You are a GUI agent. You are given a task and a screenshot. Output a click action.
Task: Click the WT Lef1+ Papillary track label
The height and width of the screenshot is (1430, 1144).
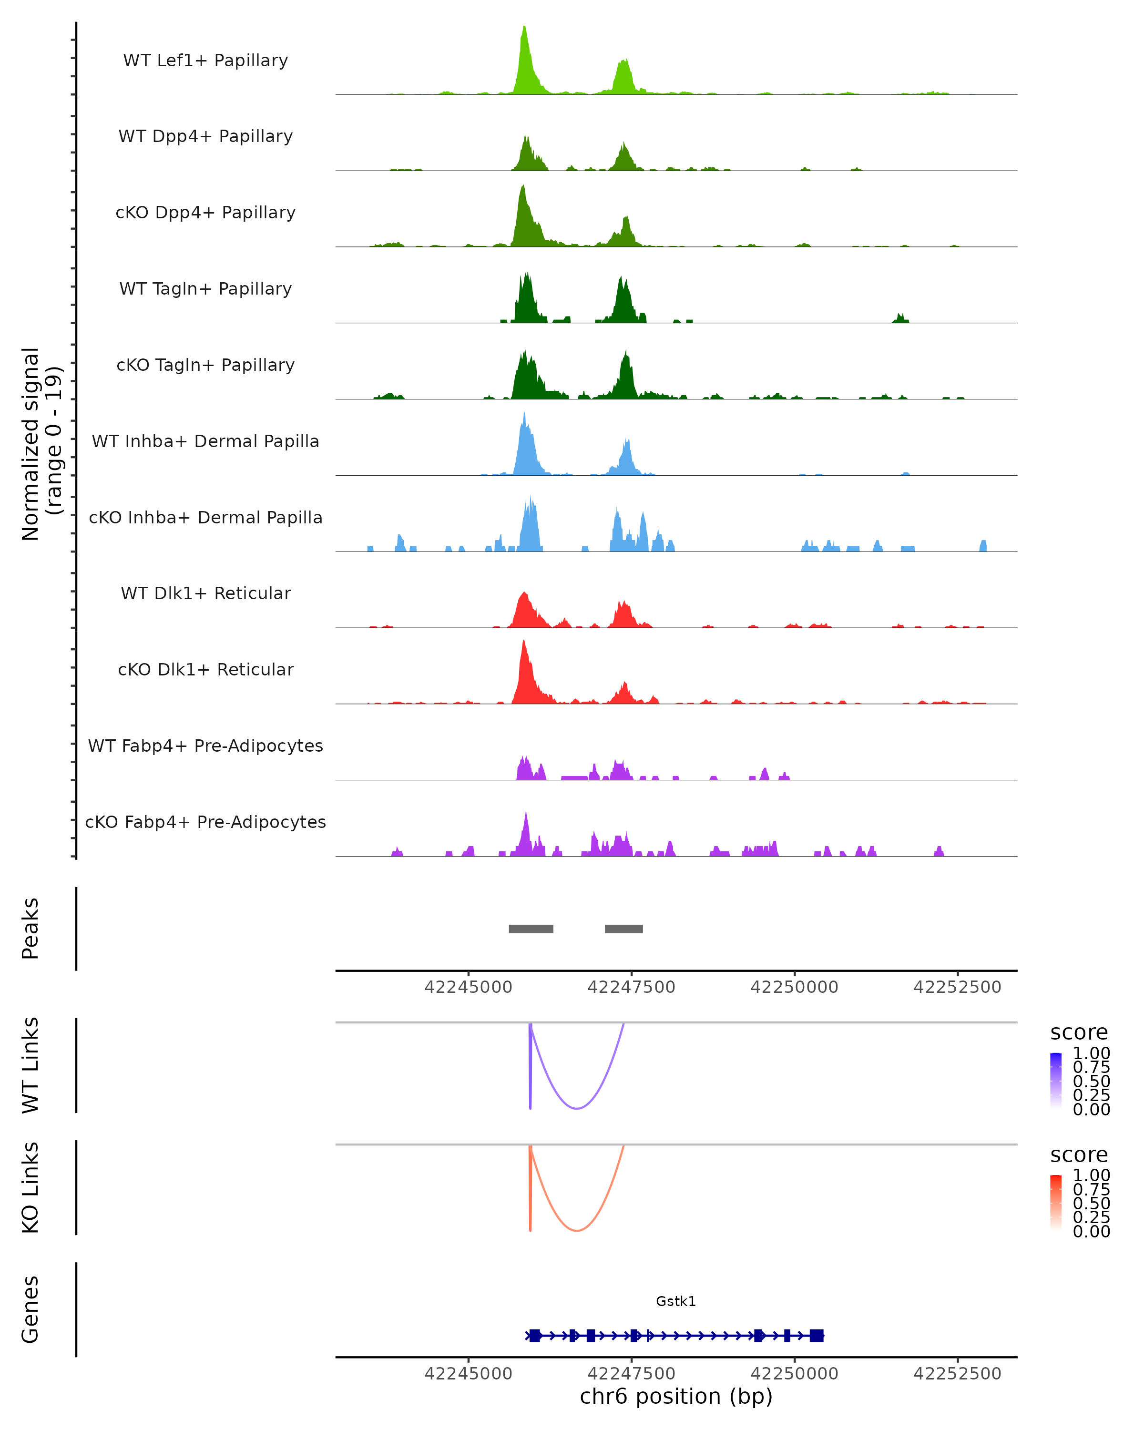(205, 61)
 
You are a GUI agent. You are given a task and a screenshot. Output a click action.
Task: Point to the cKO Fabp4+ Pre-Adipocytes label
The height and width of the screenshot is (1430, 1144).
(205, 822)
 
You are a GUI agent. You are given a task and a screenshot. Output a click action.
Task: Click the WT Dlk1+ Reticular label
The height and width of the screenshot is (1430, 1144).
(205, 593)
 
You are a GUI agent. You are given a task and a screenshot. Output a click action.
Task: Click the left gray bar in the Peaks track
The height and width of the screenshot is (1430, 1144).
(531, 929)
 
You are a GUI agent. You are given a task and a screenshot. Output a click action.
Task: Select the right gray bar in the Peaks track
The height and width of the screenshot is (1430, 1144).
(623, 929)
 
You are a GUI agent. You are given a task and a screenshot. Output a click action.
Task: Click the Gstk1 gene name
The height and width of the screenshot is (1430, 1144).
(676, 1301)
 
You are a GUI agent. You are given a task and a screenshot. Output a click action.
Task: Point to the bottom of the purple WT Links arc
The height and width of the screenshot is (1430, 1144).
(577, 1108)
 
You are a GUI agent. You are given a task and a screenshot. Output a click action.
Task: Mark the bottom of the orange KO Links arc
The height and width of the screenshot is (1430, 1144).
(577, 1230)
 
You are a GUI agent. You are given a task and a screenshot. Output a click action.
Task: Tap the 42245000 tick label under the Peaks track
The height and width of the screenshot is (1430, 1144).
(468, 987)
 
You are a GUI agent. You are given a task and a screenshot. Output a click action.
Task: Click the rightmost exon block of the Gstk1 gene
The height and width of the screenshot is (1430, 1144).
(817, 1335)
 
